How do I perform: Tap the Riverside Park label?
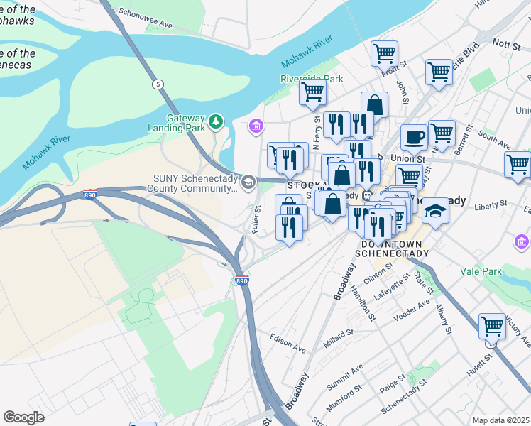point(312,79)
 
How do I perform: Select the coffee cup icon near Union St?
point(414,137)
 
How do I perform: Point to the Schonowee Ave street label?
point(146,18)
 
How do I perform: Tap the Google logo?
point(23,417)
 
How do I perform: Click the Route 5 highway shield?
point(156,84)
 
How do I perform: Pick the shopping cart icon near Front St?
point(384,53)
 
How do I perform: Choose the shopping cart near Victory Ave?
point(492,326)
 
